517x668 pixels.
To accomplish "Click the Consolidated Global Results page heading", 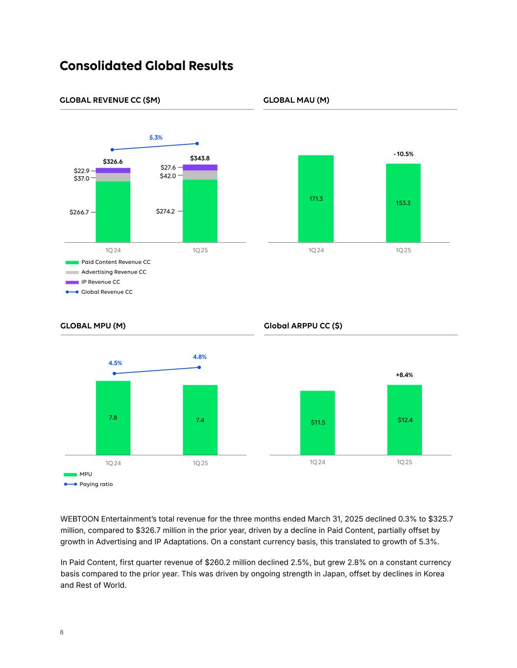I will [x=146, y=66].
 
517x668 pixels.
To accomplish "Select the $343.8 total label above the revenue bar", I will [x=199, y=158].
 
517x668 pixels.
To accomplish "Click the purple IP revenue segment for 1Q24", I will [x=113, y=170].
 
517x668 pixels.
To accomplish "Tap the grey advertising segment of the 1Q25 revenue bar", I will [x=200, y=175].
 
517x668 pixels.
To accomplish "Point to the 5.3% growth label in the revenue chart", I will [x=156, y=138].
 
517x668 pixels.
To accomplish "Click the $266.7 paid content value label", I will [x=79, y=212].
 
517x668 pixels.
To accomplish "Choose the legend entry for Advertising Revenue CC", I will [x=113, y=272].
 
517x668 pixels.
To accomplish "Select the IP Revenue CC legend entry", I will [x=100, y=282].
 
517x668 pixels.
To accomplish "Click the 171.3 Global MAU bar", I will [x=316, y=199].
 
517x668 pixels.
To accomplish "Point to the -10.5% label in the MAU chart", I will [x=403, y=154].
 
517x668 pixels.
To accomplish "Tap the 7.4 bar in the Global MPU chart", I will [x=200, y=420].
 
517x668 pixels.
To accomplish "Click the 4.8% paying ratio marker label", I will [x=199, y=357].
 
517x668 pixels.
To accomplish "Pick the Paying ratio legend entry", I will [x=96, y=484].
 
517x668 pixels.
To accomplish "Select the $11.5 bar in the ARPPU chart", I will [x=318, y=422].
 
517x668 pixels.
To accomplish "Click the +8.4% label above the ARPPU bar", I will [x=404, y=375].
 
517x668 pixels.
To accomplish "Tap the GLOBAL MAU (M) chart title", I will [x=296, y=100].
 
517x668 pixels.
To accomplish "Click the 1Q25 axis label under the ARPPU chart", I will [x=404, y=462].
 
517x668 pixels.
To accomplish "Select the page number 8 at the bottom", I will [x=62, y=632].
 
